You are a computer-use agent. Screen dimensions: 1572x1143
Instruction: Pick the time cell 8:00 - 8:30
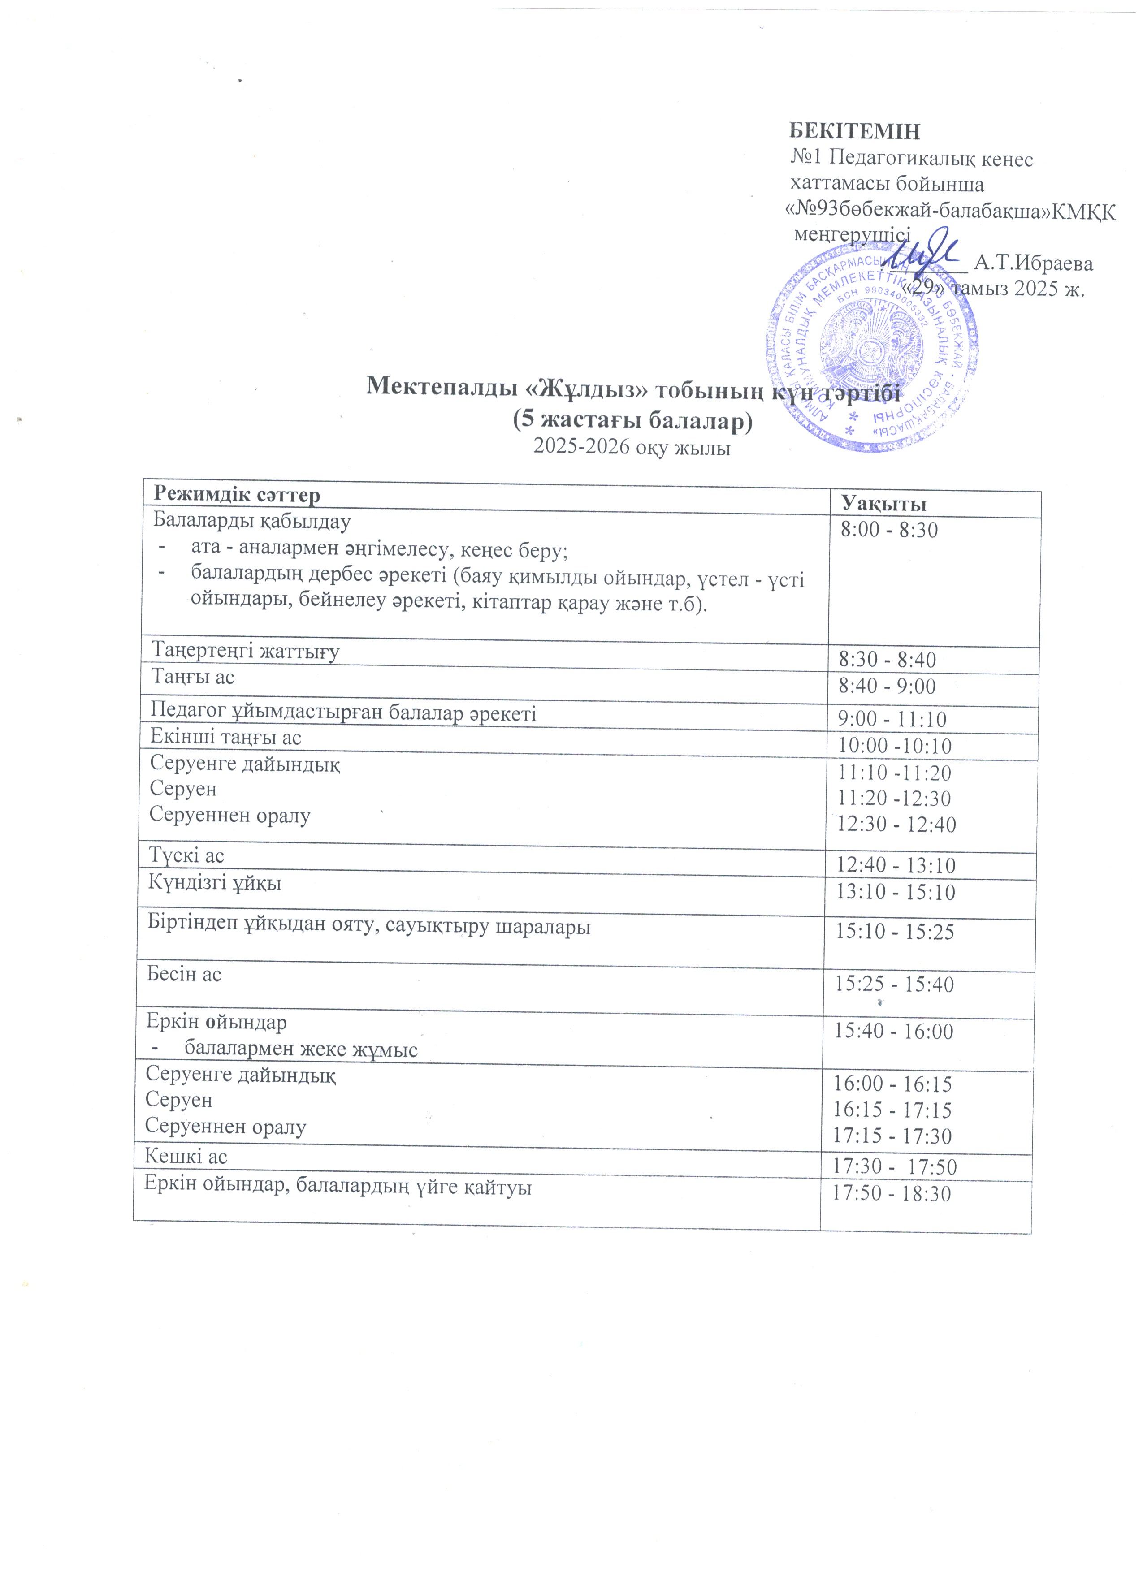(x=889, y=530)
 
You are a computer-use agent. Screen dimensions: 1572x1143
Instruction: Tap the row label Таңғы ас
(x=193, y=677)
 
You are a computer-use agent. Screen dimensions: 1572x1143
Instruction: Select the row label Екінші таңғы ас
(x=226, y=737)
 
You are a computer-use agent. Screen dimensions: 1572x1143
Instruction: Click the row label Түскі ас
(x=187, y=856)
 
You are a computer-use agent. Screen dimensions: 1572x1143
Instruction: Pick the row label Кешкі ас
(x=186, y=1157)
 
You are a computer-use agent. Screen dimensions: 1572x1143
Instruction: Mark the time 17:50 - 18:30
(x=892, y=1193)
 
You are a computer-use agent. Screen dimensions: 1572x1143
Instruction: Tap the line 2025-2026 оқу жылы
(x=632, y=447)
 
